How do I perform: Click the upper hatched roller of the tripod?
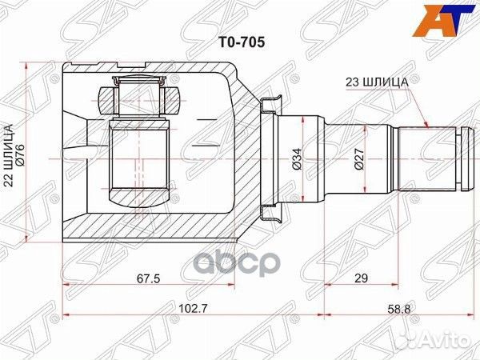tap(139, 100)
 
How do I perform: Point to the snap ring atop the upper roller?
tap(139, 81)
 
